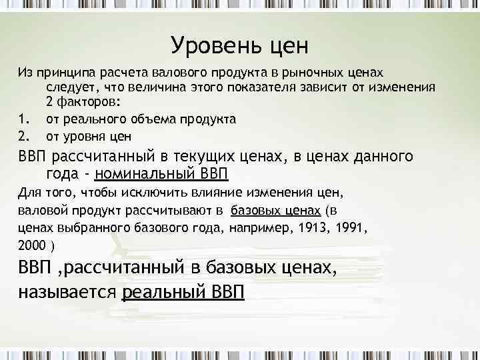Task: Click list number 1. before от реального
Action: [x=24, y=119]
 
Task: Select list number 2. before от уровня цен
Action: [x=24, y=135]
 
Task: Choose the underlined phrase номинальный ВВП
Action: [x=162, y=175]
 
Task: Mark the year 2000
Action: [x=32, y=244]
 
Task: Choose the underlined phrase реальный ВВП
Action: [x=184, y=291]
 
